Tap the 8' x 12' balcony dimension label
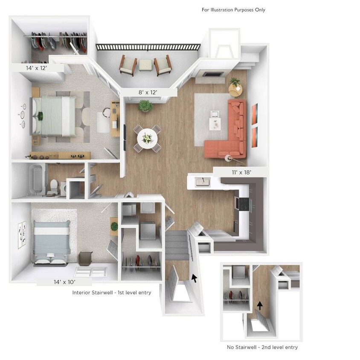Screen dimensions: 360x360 tap(148, 92)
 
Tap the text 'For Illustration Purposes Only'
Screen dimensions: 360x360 tap(233, 9)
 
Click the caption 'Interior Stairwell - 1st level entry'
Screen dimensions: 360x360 tap(111, 293)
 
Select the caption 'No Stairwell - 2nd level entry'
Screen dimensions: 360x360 tap(262, 347)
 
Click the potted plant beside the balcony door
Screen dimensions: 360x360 tap(145, 105)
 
